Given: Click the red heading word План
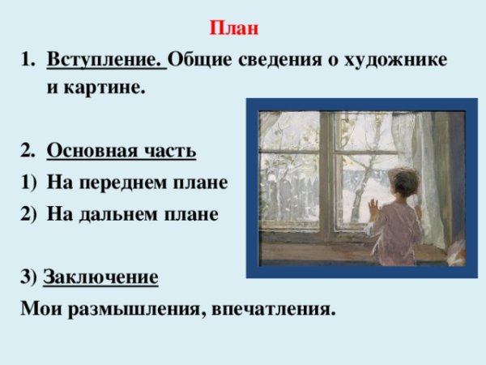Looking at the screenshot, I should coord(234,30).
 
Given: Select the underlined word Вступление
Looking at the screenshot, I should coord(105,61).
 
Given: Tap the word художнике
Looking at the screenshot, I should coord(400,61).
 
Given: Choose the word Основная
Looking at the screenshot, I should coord(94,151).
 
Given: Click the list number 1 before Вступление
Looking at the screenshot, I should coord(24,61).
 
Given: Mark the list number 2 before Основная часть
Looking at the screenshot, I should coord(24,151).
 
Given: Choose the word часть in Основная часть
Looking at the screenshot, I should coord(169,151).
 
